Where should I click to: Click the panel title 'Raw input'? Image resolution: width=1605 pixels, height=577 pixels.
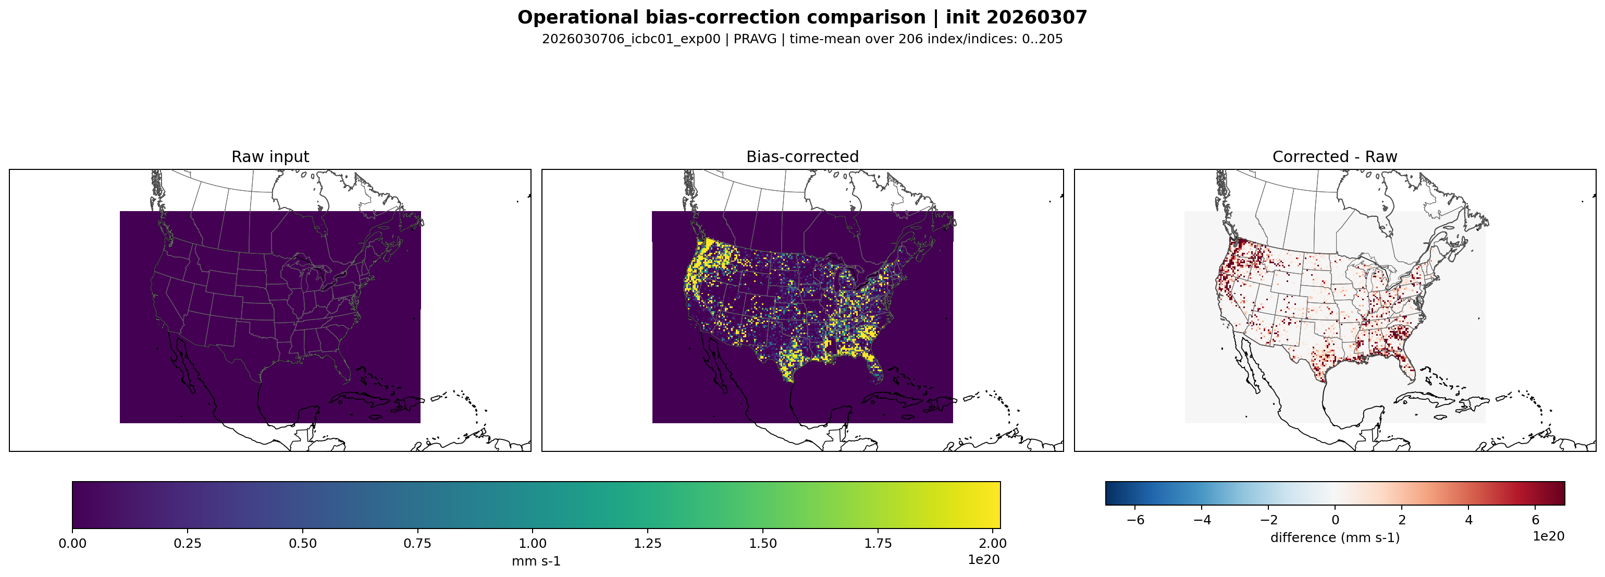[x=270, y=156]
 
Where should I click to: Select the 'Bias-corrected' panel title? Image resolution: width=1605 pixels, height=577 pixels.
[x=802, y=156]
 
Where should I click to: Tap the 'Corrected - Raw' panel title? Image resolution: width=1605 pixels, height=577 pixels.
[x=1335, y=156]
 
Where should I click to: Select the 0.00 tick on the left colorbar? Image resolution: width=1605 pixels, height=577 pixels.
[x=72, y=543]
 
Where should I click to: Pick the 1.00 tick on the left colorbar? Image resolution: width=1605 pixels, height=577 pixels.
[x=533, y=543]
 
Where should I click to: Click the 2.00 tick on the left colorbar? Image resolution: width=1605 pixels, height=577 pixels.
[x=993, y=543]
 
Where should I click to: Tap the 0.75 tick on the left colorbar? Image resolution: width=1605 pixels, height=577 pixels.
[x=417, y=543]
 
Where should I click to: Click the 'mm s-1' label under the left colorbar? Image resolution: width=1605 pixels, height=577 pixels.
[x=536, y=561]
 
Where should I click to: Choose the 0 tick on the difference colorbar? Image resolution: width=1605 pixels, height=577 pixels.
[x=1335, y=520]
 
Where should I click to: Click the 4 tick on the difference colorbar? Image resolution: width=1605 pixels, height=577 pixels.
[x=1468, y=520]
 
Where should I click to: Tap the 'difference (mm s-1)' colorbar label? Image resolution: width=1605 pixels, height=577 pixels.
[x=1335, y=537]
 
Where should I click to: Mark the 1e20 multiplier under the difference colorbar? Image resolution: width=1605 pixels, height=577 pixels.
[x=1548, y=536]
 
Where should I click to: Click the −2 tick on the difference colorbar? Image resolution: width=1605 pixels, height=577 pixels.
[x=1268, y=520]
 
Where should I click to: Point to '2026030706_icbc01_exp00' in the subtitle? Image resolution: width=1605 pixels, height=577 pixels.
[x=631, y=39]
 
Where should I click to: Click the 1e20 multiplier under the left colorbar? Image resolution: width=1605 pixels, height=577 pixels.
[x=983, y=560]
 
